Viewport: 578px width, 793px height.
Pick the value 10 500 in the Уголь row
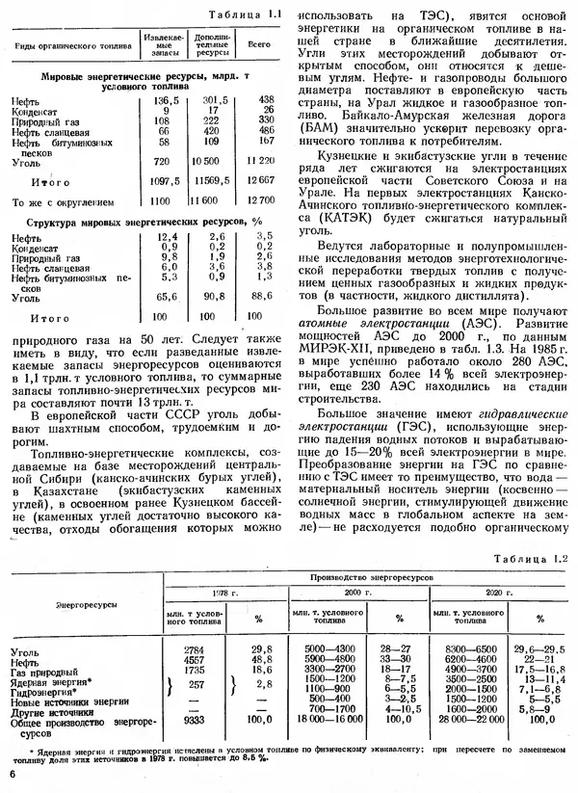pos(213,161)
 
